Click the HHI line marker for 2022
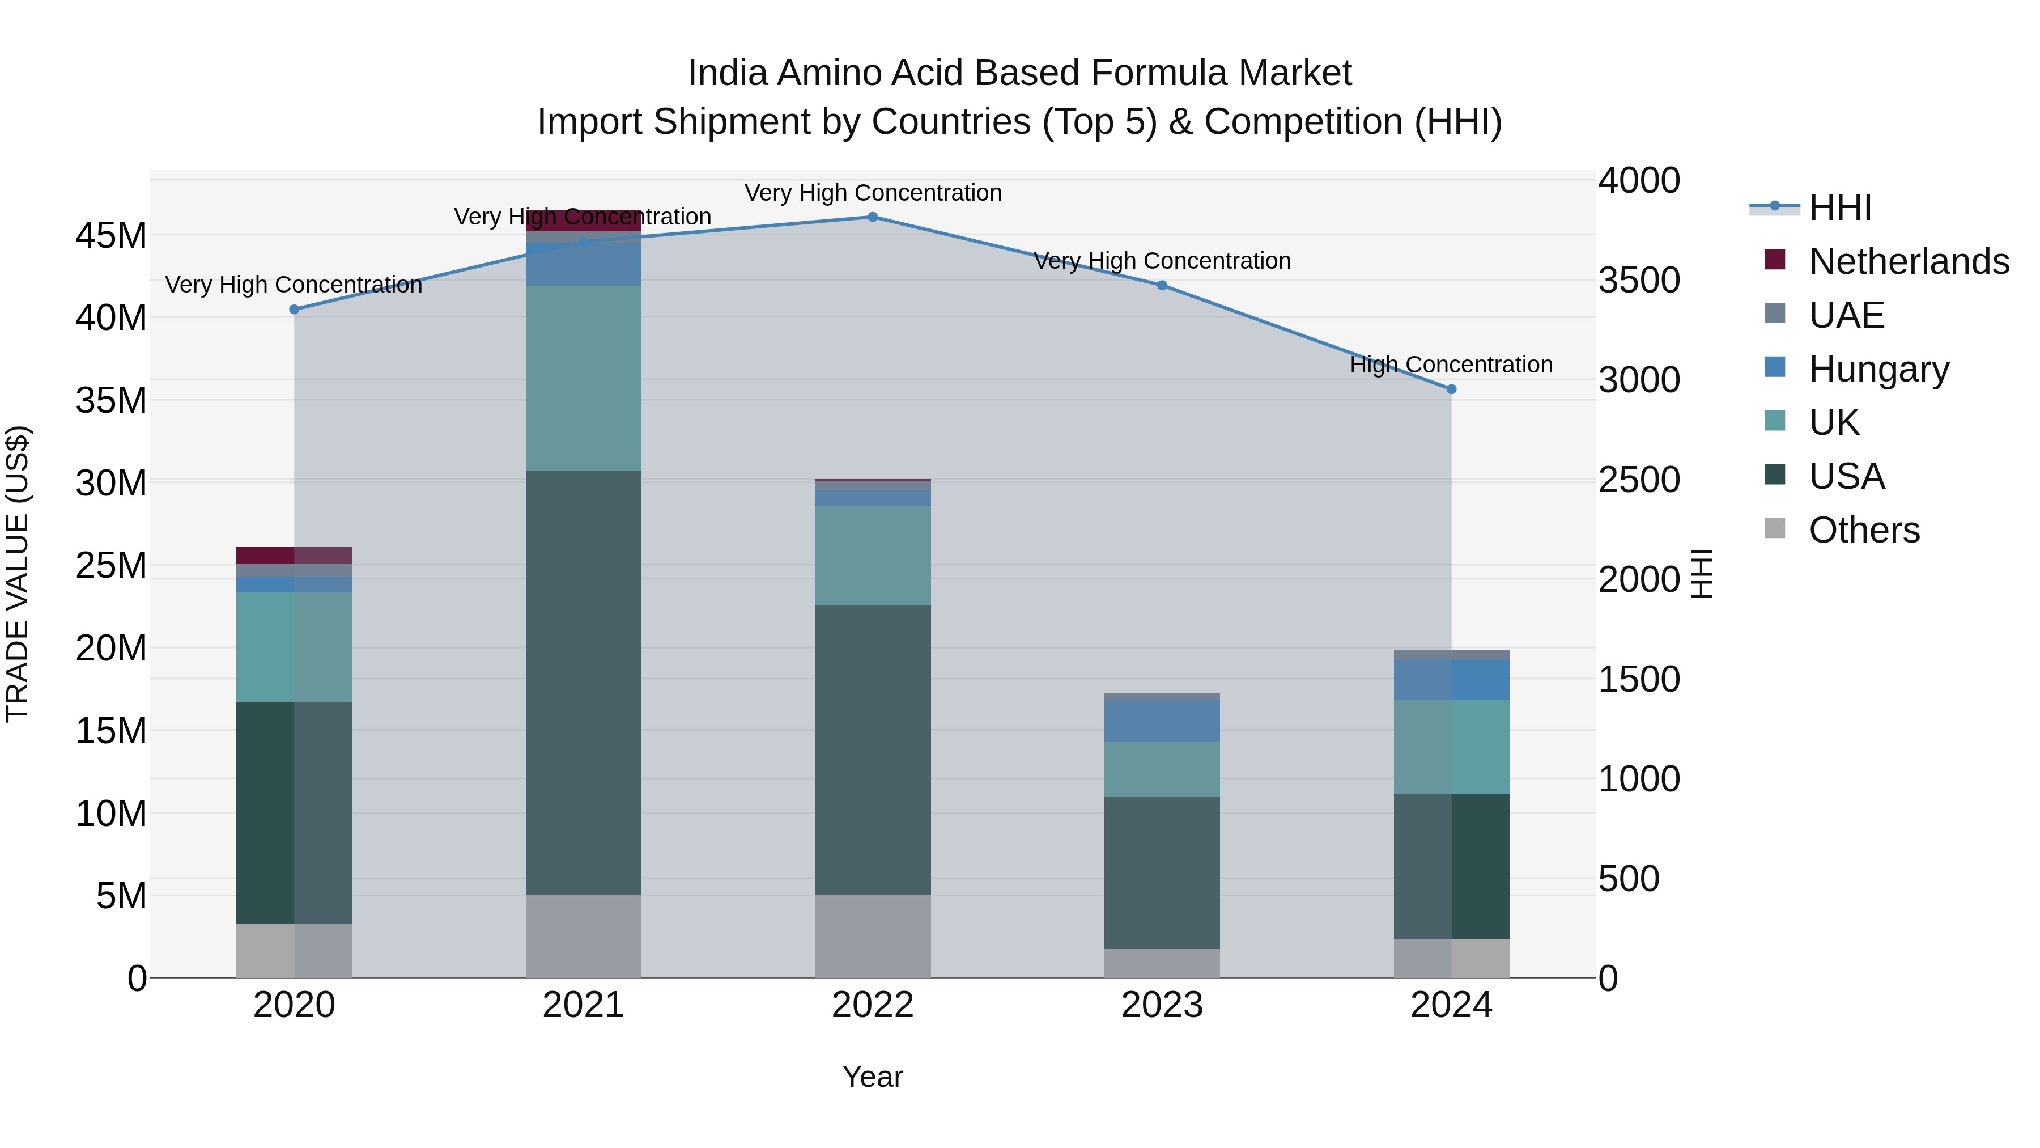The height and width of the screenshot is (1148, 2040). [873, 217]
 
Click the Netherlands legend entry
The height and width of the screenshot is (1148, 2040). [1909, 261]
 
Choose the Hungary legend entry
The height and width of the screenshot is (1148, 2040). [1878, 369]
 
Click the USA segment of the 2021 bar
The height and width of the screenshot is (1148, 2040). [584, 681]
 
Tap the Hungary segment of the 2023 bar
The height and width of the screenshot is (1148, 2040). [1162, 721]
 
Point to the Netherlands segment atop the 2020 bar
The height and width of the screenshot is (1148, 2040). [294, 554]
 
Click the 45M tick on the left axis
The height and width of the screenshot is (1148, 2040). [111, 236]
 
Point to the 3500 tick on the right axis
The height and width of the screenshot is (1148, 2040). [1638, 281]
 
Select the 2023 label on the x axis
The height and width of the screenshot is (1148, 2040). [1162, 1005]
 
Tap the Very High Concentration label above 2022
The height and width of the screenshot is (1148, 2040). [873, 193]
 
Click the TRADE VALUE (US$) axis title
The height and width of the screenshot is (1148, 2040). [18, 574]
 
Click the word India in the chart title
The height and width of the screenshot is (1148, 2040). [727, 73]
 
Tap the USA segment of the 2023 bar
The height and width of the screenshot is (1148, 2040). [1162, 871]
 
